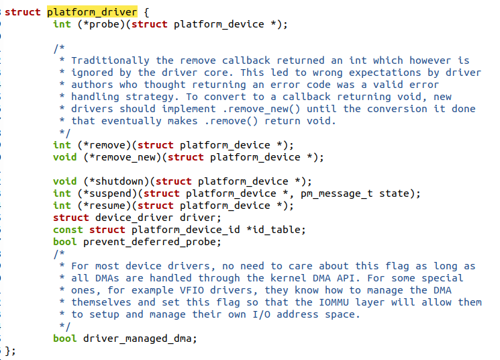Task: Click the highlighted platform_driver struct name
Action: [92, 12]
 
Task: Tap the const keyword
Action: [68, 230]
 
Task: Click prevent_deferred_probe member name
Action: [152, 242]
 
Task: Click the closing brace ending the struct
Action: [7, 351]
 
